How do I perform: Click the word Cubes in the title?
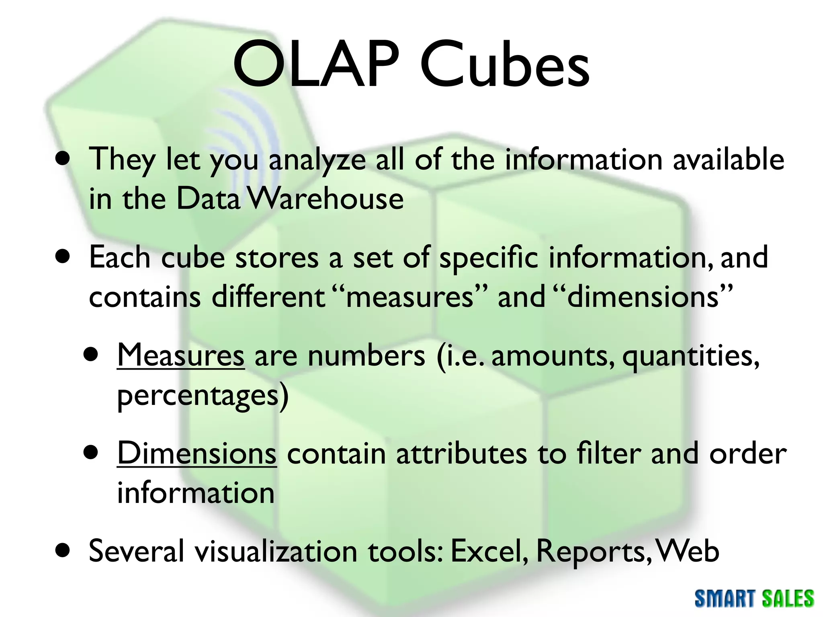504,64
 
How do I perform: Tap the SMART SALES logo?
754,599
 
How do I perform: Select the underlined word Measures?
180,355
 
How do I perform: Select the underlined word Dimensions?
197,454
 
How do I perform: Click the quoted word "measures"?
410,297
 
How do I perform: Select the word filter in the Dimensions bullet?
609,454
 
